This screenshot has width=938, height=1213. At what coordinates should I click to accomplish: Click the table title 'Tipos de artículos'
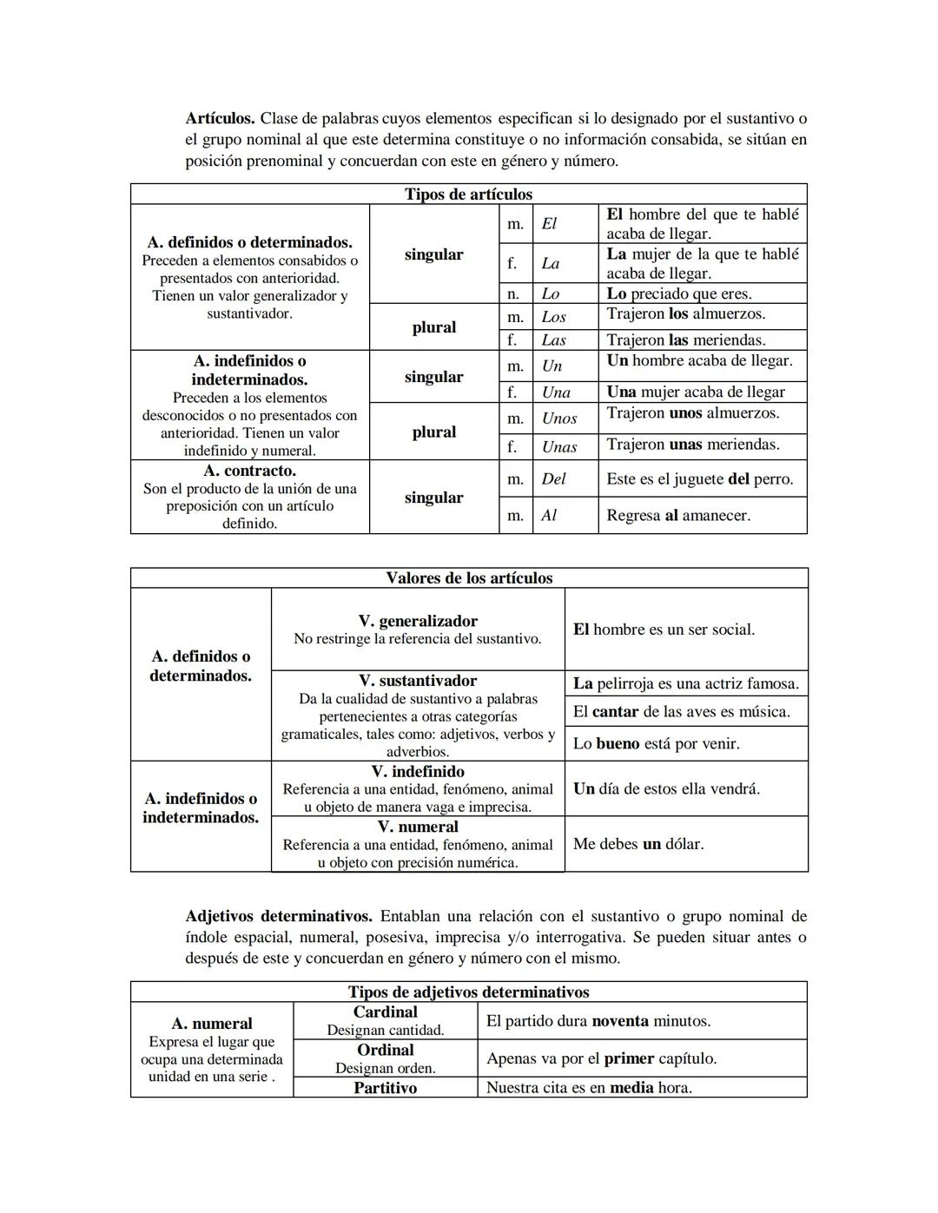click(x=468, y=194)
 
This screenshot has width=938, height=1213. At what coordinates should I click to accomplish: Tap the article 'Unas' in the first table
click(x=559, y=447)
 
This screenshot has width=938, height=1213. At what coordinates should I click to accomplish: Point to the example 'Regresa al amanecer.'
click(x=678, y=516)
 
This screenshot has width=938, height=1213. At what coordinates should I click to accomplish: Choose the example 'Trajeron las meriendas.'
click(x=686, y=340)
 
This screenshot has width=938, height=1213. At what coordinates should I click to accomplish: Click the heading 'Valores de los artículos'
click(x=469, y=578)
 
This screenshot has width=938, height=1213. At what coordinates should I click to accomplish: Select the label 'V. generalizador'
click(x=418, y=621)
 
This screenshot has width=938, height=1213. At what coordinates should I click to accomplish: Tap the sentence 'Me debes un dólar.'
click(x=638, y=844)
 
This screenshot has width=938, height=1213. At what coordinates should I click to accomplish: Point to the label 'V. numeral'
click(x=418, y=827)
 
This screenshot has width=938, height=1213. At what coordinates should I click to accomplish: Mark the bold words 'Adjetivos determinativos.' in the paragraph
click(x=279, y=917)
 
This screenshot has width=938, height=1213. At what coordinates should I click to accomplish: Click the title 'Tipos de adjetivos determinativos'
click(x=468, y=992)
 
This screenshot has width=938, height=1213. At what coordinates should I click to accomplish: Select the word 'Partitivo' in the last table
click(x=385, y=1088)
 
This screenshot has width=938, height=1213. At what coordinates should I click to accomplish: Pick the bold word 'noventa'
click(x=620, y=1021)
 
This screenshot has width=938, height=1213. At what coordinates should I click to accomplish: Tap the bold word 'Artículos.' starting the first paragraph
click(x=220, y=118)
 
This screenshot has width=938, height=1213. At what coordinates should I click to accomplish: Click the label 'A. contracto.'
click(x=249, y=471)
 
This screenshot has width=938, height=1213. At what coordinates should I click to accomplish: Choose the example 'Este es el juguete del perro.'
click(x=700, y=479)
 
